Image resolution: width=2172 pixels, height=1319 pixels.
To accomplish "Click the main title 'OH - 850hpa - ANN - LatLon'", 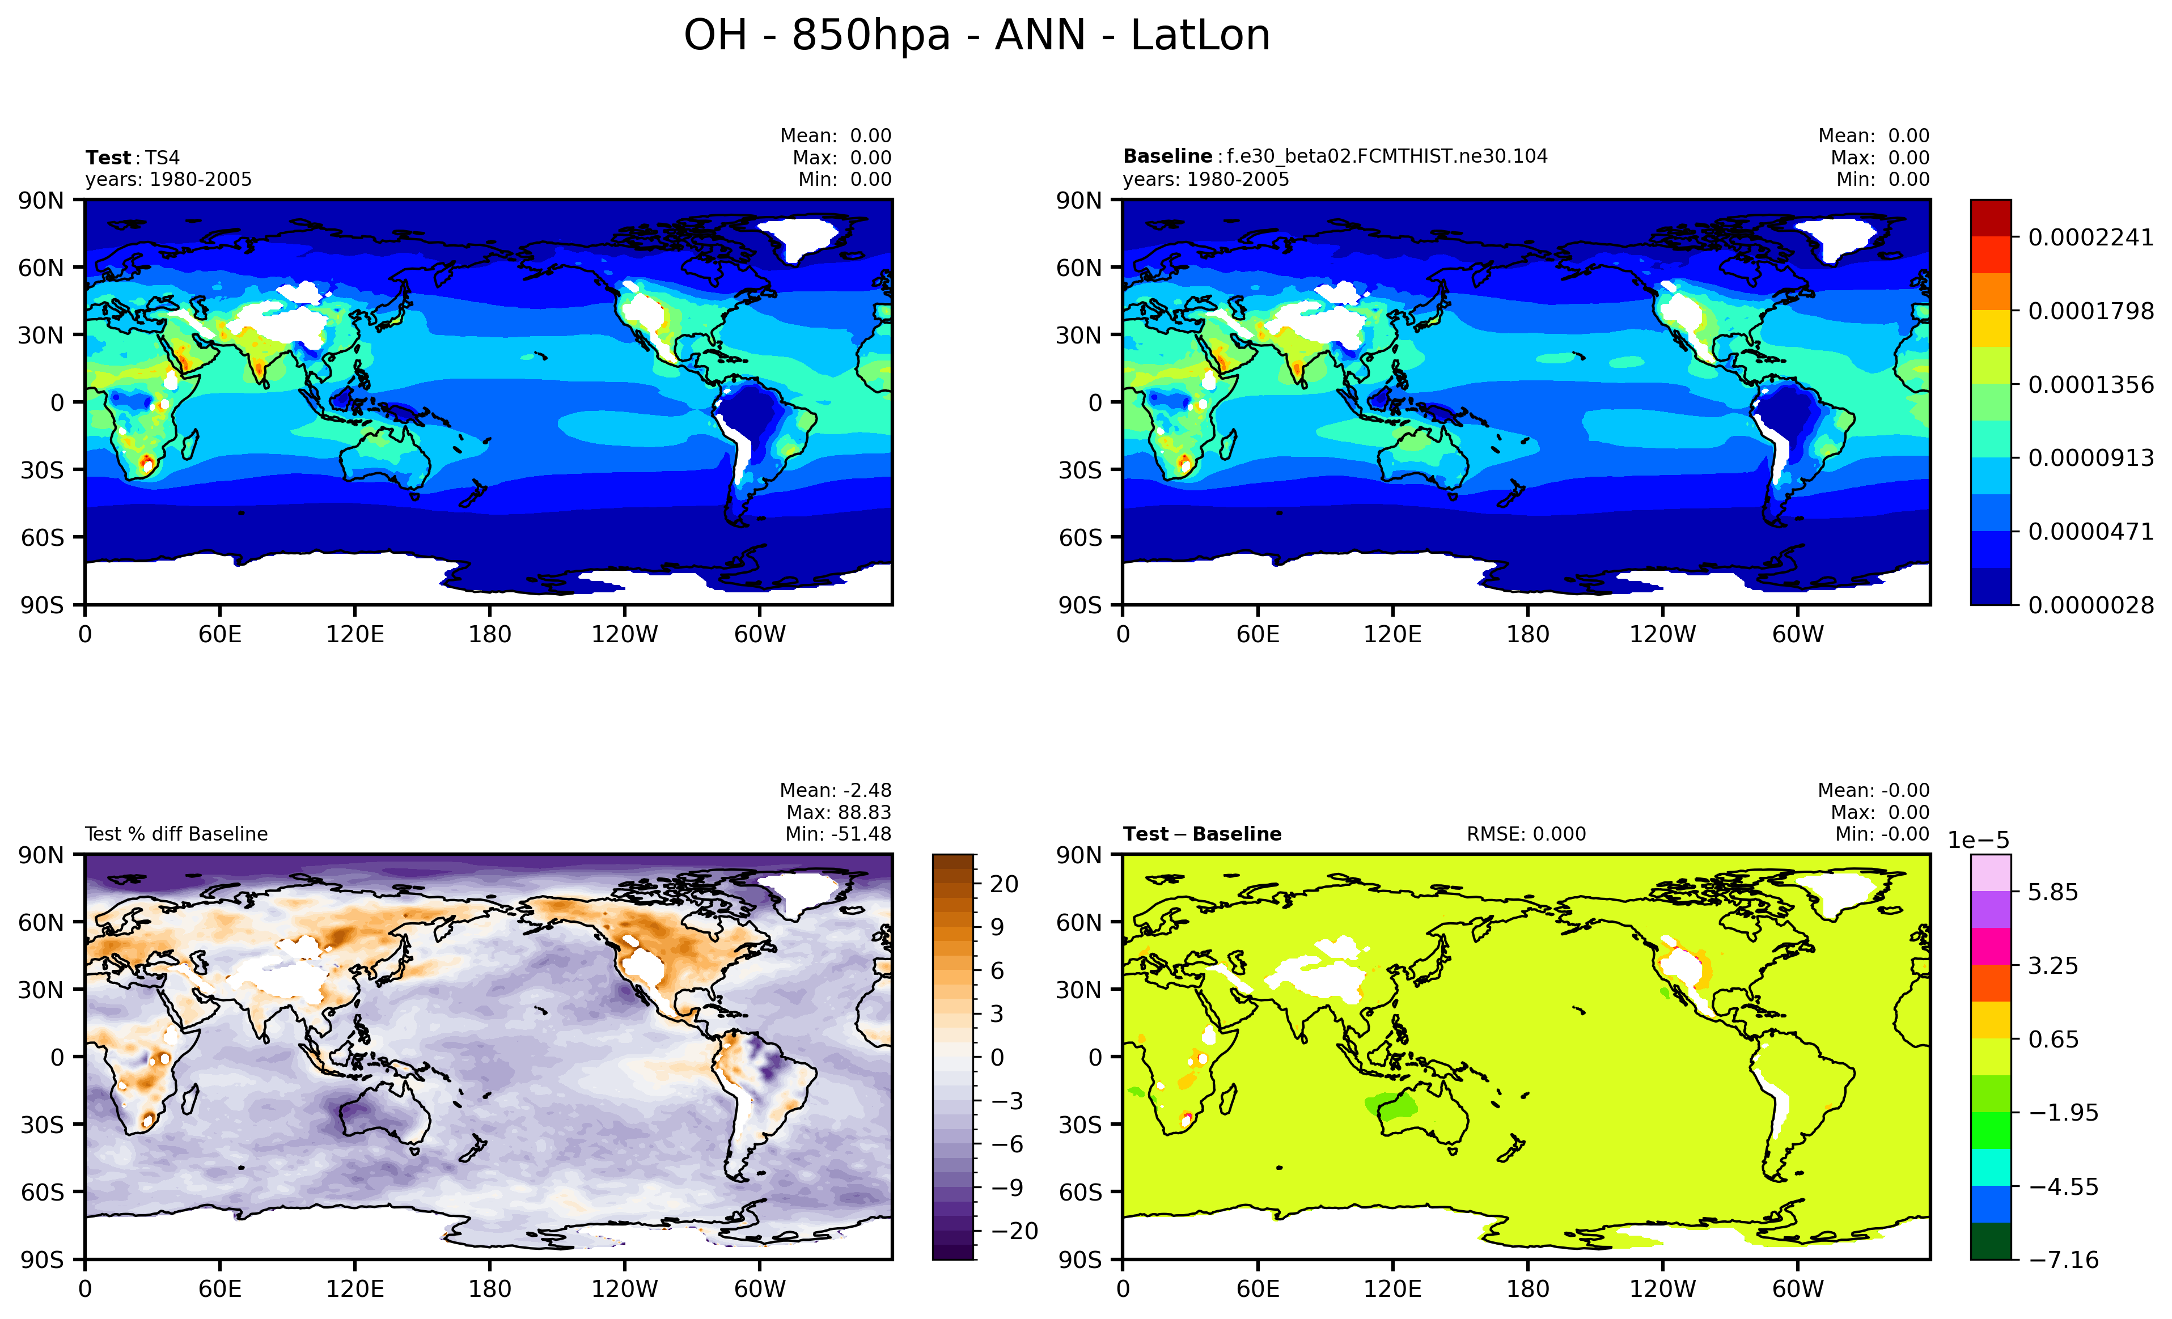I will [977, 36].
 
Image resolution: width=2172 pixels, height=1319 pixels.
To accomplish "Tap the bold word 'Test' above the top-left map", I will [108, 158].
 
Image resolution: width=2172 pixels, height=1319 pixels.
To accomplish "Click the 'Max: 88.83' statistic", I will [839, 812].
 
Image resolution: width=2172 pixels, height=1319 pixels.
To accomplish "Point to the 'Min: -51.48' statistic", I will [839, 834].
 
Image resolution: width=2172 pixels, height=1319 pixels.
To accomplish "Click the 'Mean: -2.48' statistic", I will [835, 790].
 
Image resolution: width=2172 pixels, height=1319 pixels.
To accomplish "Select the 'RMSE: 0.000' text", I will [1526, 834].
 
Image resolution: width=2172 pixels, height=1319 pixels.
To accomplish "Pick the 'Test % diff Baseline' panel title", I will [176, 834].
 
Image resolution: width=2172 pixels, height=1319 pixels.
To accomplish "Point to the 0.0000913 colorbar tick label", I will [2090, 458].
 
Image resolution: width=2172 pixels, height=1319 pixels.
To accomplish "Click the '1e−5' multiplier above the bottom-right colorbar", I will [1978, 841].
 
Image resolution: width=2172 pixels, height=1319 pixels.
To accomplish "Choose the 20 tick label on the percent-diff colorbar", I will [1004, 884].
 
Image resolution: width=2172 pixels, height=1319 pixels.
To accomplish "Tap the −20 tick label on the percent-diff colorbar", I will [1010, 1231].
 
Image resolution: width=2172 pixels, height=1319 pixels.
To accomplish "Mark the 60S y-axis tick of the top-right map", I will [1080, 537].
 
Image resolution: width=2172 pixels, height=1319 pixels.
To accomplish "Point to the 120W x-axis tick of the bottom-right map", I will [1662, 1289].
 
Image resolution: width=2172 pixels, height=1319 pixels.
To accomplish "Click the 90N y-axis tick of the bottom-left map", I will [41, 855].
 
